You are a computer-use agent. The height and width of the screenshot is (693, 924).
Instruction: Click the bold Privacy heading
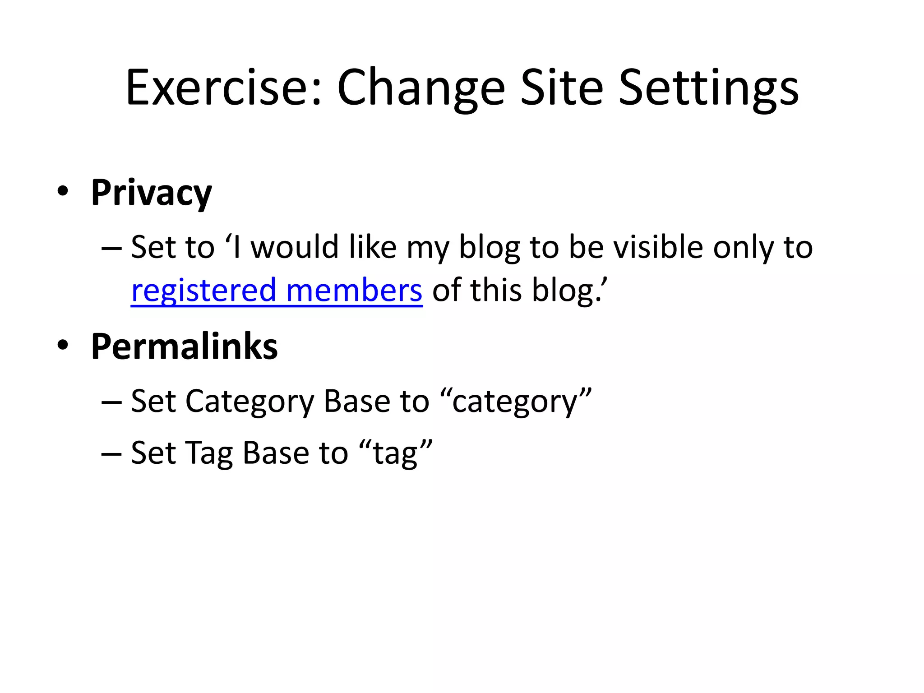[151, 193]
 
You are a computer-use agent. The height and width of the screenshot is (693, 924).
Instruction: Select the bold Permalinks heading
[184, 346]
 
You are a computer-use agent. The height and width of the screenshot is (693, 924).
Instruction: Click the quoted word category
[515, 402]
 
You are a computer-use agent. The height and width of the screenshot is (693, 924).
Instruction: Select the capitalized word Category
[249, 402]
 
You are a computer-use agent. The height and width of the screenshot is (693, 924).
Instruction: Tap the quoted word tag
[395, 453]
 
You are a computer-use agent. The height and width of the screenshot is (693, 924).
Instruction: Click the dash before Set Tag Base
[111, 453]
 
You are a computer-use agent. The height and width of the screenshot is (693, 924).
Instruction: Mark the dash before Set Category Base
[111, 401]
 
